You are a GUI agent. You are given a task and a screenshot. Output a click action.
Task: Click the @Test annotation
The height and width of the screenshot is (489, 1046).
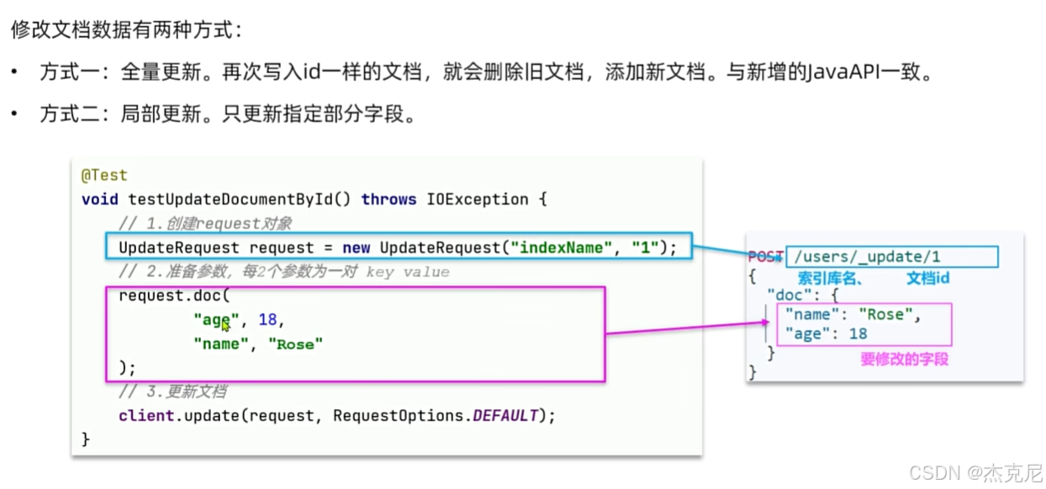click(103, 176)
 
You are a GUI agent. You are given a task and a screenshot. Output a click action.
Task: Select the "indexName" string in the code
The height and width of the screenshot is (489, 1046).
click(566, 248)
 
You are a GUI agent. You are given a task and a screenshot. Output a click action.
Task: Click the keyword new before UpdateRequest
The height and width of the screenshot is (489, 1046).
click(357, 248)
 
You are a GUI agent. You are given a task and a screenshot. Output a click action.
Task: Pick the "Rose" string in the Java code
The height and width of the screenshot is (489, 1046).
click(295, 344)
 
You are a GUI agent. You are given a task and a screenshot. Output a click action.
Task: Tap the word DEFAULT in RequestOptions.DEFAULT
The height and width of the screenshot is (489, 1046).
click(505, 416)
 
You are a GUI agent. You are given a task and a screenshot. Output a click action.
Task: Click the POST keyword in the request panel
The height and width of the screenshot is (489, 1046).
click(765, 257)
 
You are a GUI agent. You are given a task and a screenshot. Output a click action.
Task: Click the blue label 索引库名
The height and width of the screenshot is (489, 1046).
click(828, 278)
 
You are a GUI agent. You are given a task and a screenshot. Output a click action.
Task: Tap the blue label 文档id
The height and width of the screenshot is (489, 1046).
click(927, 278)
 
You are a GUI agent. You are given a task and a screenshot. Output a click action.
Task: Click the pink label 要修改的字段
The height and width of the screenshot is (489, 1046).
click(904, 359)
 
